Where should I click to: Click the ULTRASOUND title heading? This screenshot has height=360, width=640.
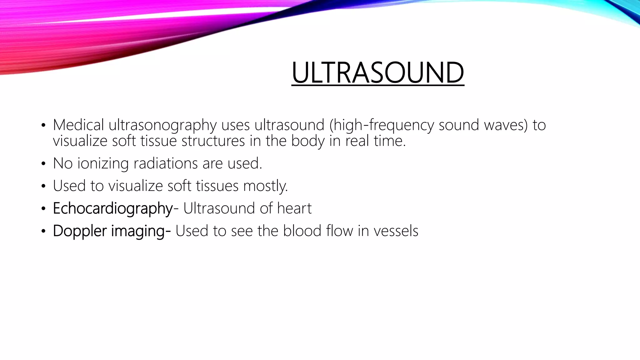(x=377, y=73)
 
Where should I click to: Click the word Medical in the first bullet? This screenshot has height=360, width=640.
(x=78, y=125)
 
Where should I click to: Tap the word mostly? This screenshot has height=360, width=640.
(x=265, y=186)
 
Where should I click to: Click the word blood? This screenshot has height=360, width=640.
(x=302, y=231)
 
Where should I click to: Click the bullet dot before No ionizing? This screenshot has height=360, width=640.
(x=43, y=164)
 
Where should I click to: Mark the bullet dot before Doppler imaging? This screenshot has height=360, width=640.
(x=43, y=232)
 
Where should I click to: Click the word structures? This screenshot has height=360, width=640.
(x=213, y=141)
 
